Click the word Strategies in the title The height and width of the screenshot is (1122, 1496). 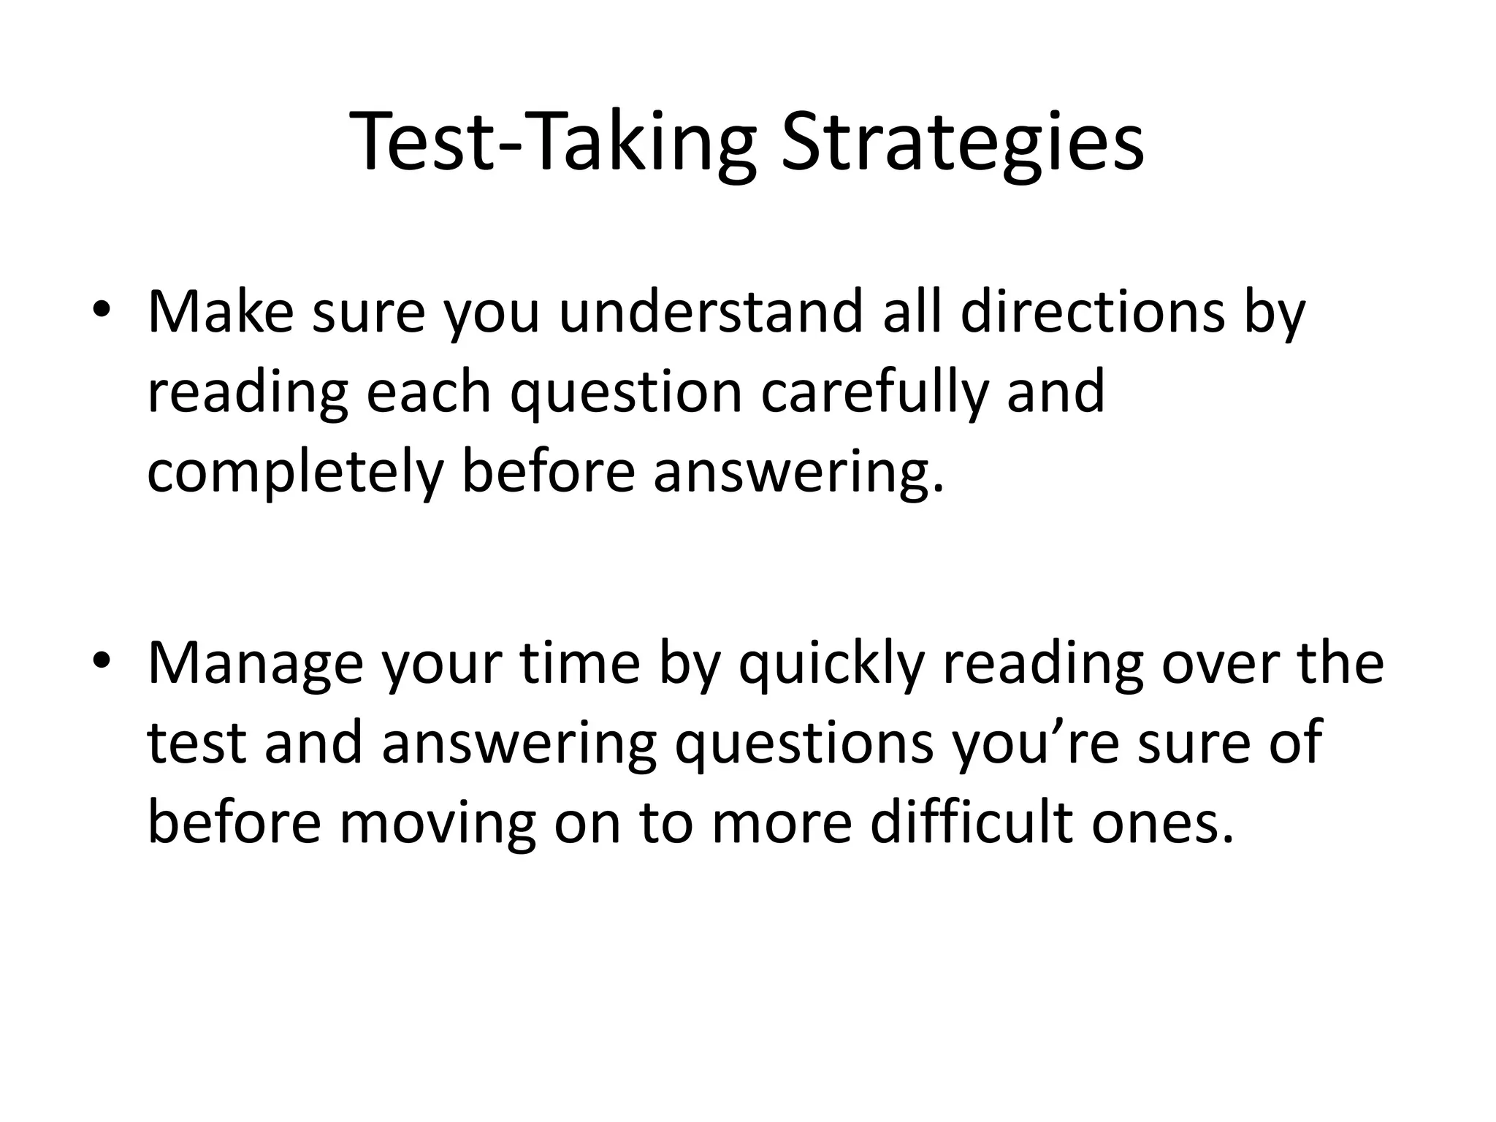(962, 143)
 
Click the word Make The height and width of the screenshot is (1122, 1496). (220, 313)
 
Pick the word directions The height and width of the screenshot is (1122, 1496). (1092, 313)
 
